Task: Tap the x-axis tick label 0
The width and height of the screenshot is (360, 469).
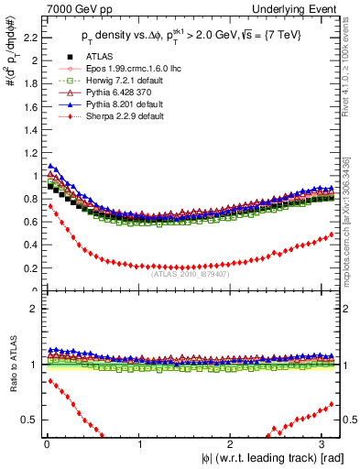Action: pyautogui.click(x=47, y=444)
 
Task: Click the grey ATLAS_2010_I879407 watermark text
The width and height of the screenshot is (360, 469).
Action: pyautogui.click(x=191, y=273)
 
